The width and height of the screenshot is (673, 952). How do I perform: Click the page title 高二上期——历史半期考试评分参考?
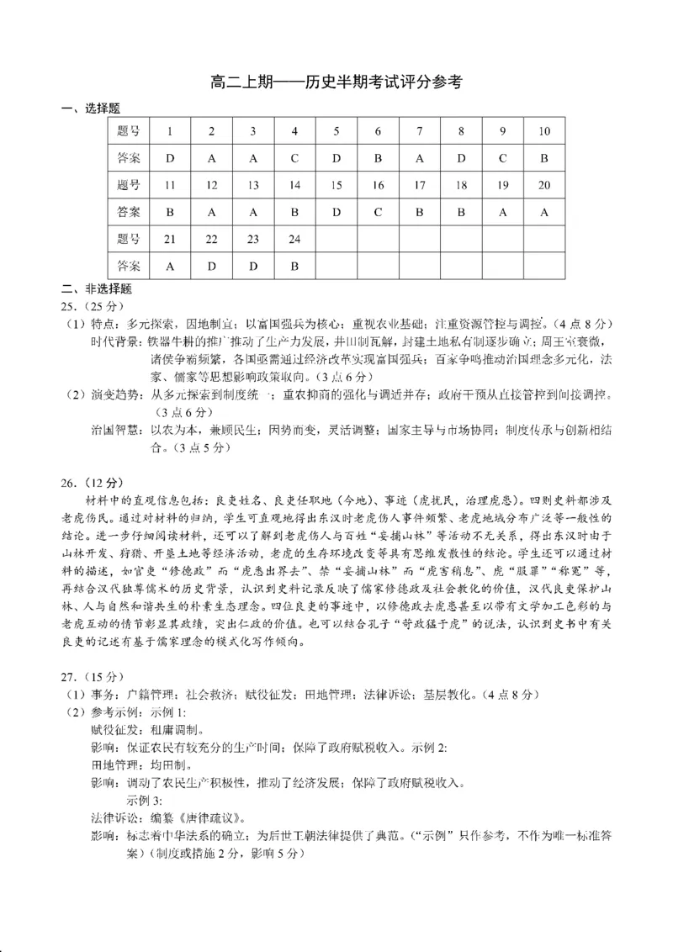click(x=336, y=82)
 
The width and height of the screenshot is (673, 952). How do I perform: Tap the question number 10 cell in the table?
click(x=543, y=131)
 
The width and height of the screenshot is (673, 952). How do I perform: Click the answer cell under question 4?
click(x=294, y=158)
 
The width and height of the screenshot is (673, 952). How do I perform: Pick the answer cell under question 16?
click(x=378, y=212)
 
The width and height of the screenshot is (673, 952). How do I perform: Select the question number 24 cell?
click(x=294, y=239)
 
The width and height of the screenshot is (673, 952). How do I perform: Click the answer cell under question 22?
click(x=211, y=266)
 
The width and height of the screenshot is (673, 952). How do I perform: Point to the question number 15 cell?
click(x=336, y=185)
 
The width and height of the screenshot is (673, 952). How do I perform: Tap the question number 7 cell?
click(x=420, y=131)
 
